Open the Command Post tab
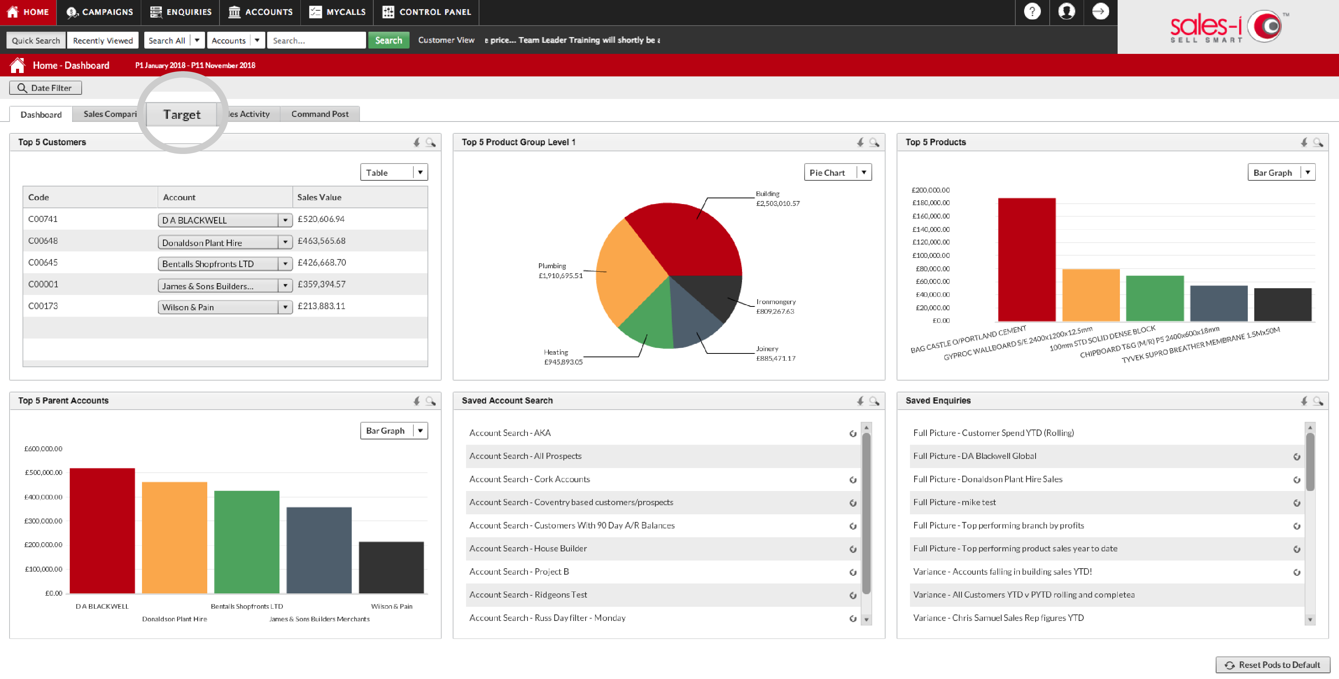[x=320, y=114]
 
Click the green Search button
[x=388, y=40]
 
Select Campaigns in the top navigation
[x=100, y=12]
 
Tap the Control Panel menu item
[x=426, y=12]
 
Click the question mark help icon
[x=1032, y=11]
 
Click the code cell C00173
[x=43, y=306]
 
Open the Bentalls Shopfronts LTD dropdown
[x=285, y=264]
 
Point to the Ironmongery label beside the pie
[x=776, y=302]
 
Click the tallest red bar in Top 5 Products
[x=1027, y=259]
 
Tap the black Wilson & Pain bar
[x=391, y=567]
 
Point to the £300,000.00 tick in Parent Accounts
[x=43, y=521]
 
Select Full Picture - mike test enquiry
[x=954, y=502]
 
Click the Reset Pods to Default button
[x=1273, y=665]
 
